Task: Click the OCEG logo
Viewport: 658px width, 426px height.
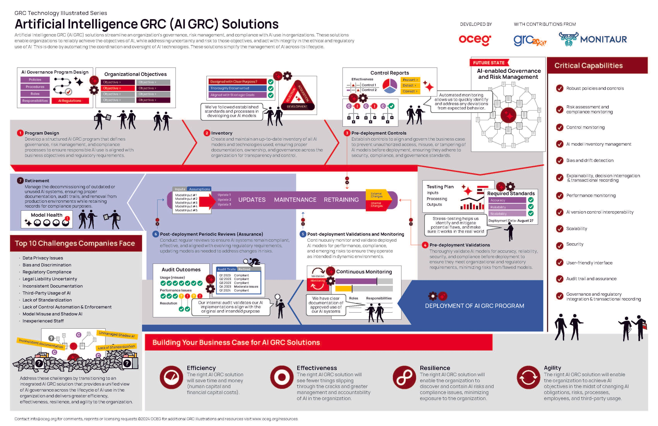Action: (475, 40)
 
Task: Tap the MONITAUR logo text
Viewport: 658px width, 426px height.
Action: (603, 40)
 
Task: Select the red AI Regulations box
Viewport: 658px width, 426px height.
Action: (70, 101)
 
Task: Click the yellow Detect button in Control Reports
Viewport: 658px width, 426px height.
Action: (410, 85)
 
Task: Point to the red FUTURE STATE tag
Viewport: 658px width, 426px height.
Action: (489, 63)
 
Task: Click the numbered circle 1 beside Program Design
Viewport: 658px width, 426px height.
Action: (20, 133)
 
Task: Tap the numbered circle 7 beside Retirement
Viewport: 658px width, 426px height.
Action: (20, 181)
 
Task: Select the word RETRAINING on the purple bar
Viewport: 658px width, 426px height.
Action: (341, 200)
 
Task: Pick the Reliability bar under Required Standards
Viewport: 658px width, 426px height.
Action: (508, 207)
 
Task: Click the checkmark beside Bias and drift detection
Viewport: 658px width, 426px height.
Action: (559, 161)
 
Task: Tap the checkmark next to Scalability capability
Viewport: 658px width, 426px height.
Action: (559, 229)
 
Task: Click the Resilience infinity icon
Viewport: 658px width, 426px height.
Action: (404, 377)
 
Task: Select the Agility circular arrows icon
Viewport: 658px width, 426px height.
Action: (528, 377)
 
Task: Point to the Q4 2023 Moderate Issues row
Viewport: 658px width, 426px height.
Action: (239, 287)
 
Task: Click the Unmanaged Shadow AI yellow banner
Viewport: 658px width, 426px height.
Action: (117, 334)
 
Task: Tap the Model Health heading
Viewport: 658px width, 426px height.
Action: (46, 215)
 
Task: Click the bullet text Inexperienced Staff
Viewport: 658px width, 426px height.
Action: (43, 321)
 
